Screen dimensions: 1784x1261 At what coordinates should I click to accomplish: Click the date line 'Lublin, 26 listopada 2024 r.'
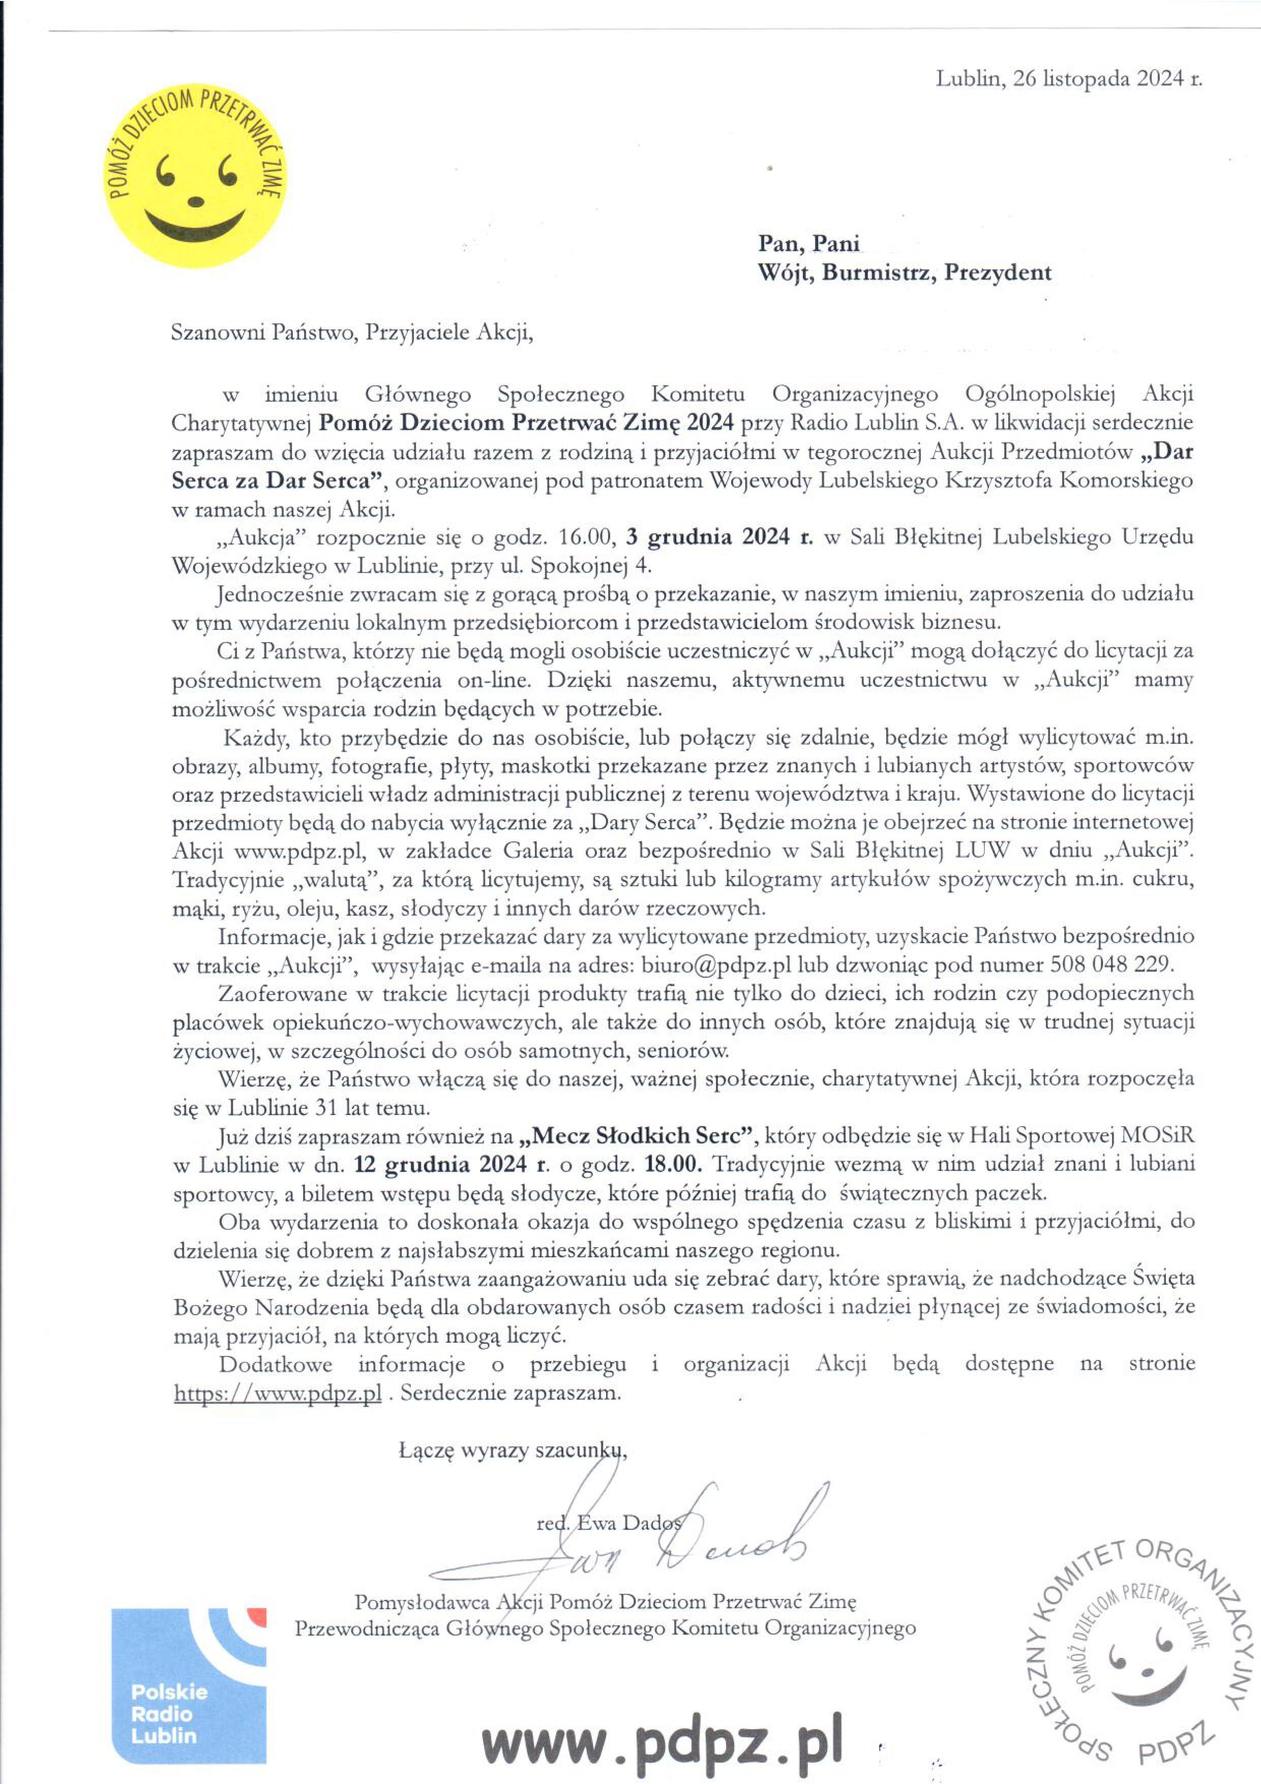point(1068,78)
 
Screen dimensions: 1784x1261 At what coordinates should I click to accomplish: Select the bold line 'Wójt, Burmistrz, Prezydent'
point(905,273)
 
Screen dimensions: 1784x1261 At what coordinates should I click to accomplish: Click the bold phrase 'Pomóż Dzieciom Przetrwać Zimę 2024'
point(526,422)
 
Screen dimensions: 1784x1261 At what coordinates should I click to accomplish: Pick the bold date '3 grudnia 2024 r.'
point(718,537)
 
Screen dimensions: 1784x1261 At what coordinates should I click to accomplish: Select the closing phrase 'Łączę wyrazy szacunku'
point(511,1450)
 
